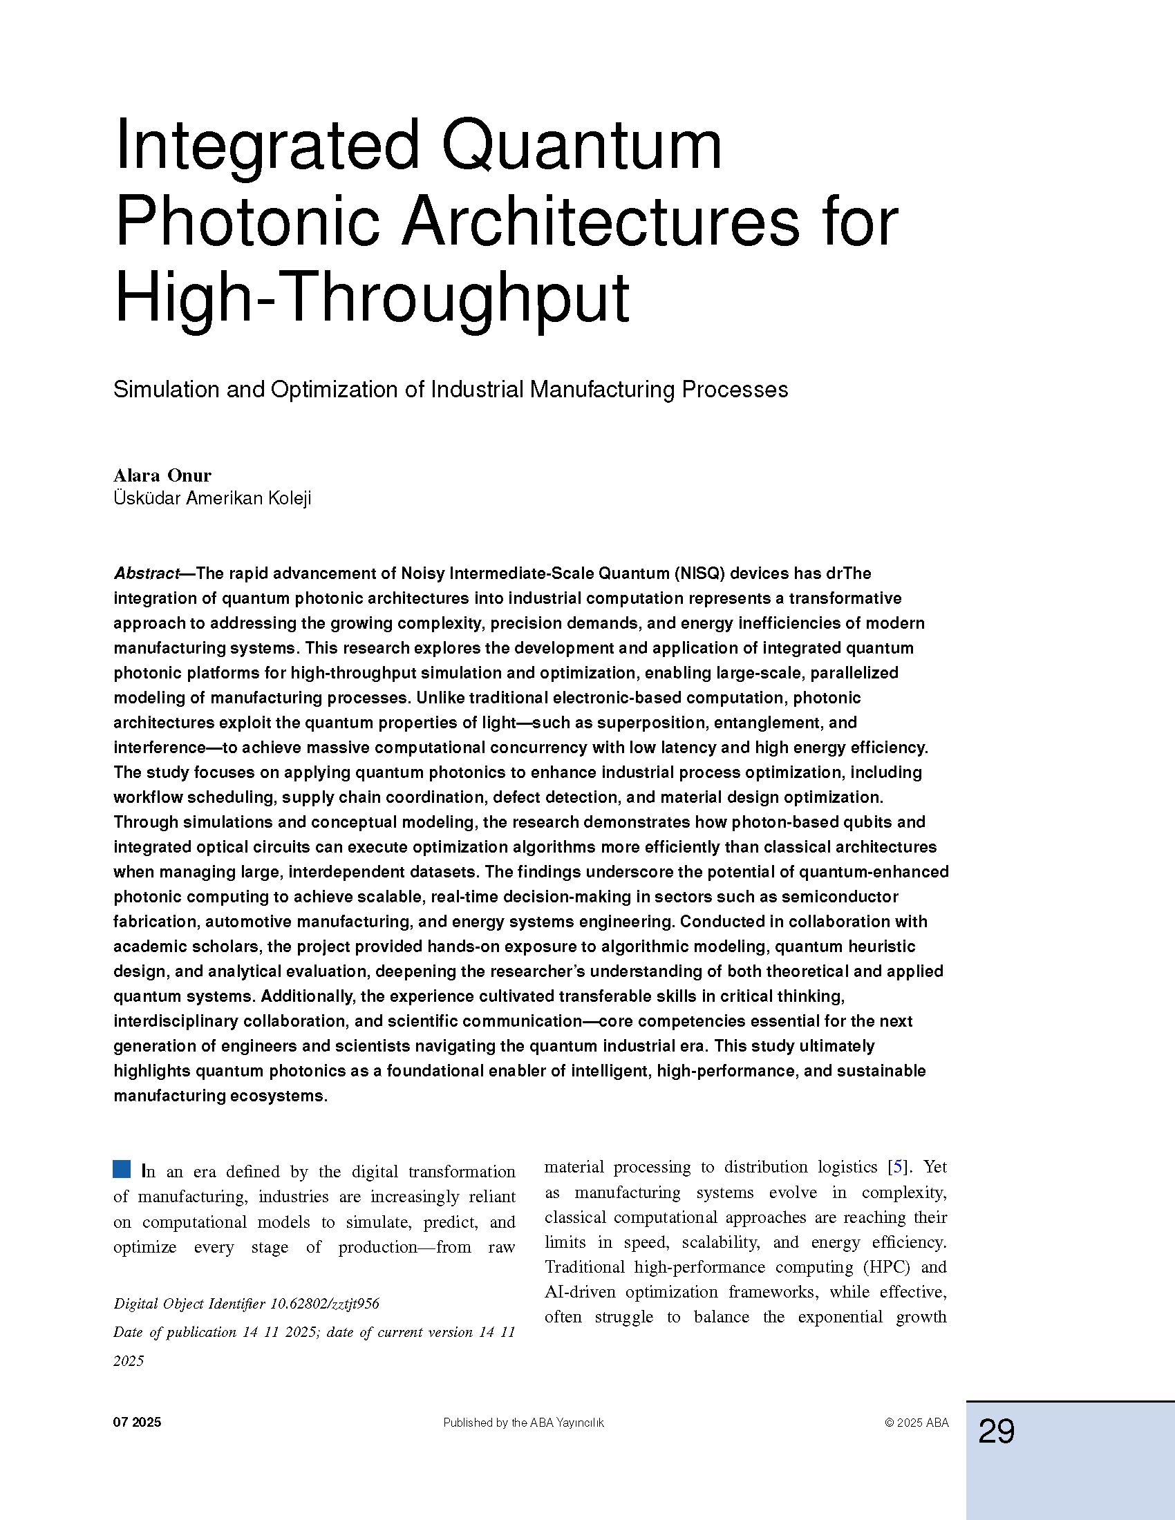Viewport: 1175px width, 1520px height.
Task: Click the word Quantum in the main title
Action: [582, 146]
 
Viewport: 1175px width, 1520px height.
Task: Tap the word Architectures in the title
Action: [600, 222]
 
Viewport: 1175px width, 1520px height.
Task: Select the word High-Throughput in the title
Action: [372, 298]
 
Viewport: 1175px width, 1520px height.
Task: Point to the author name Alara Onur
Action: [162, 475]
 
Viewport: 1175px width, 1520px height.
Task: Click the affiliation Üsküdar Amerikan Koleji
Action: [212, 498]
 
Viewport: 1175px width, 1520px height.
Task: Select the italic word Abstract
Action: [146, 573]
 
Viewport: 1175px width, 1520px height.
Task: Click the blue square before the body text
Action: [122, 1169]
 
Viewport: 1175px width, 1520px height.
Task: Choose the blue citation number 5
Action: [899, 1167]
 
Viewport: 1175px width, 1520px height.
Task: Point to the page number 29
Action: [996, 1432]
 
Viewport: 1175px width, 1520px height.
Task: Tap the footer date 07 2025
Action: [137, 1423]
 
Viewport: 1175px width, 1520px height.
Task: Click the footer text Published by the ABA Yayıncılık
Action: [523, 1423]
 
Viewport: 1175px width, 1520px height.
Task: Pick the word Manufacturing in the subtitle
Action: [602, 390]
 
